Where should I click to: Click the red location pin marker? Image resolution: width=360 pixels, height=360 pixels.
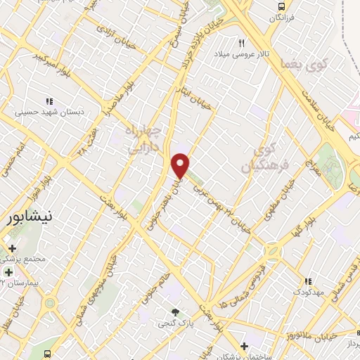(x=181, y=165)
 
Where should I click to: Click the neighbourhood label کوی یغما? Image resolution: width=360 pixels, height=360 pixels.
(x=295, y=64)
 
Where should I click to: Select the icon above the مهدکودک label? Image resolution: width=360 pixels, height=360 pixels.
(x=307, y=281)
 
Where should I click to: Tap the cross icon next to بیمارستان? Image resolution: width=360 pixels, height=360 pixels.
(x=8, y=271)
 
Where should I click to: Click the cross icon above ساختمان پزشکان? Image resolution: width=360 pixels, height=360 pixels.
(x=243, y=346)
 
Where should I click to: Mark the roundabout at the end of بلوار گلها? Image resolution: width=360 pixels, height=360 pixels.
(x=272, y=250)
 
